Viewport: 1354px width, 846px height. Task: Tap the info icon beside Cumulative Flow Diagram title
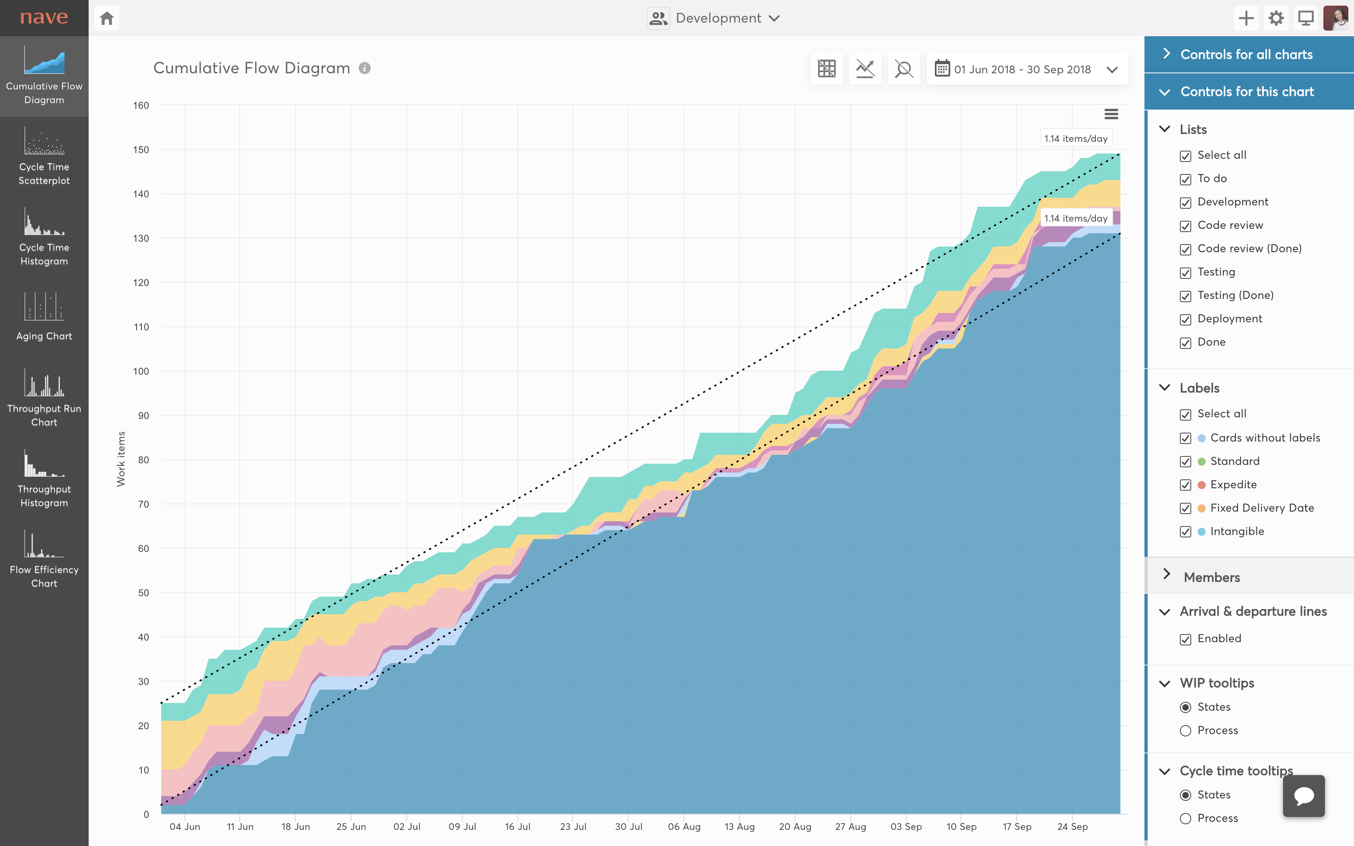365,68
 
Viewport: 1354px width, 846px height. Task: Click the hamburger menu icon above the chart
1111,114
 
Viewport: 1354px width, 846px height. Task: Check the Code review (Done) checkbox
1185,249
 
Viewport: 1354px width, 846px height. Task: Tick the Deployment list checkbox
1185,319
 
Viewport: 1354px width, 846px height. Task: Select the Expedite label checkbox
1185,485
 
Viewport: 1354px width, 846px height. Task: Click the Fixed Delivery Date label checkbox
1185,508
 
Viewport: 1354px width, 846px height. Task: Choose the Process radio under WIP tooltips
1185,731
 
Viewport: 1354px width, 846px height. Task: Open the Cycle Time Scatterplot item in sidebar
44,157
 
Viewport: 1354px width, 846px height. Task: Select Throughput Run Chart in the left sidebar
44,398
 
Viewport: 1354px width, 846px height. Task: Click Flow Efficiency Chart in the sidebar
44,559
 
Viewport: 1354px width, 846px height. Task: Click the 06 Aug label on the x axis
684,826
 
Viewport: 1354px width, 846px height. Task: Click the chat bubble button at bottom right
1304,796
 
